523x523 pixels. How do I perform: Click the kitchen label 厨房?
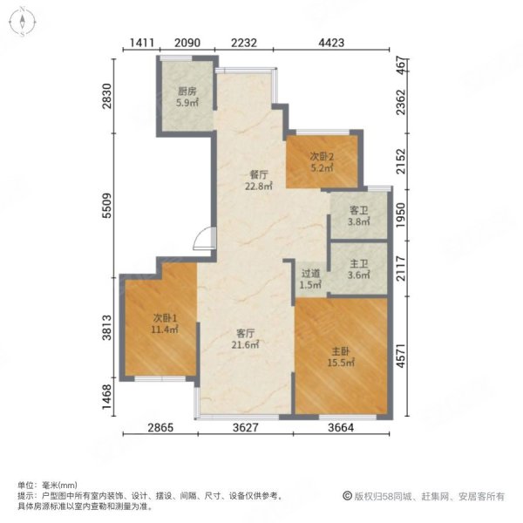tap(187, 90)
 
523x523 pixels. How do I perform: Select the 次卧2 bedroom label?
tap(323, 156)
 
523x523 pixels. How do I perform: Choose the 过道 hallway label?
tap(311, 273)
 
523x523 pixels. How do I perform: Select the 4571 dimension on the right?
tap(401, 356)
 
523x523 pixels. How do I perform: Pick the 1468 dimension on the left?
tap(105, 394)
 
